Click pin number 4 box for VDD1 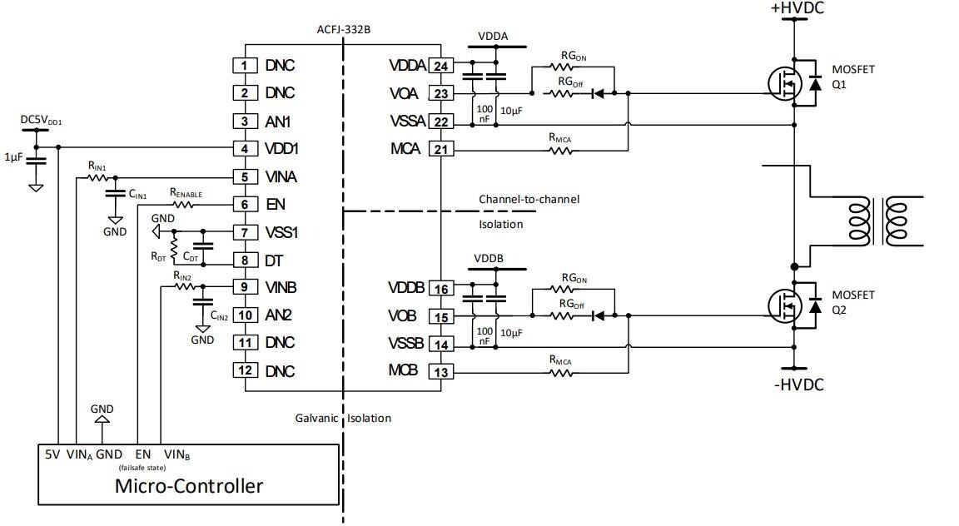[x=244, y=149]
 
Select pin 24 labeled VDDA [x=440, y=66]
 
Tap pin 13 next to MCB [x=440, y=372]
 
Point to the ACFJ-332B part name [x=343, y=29]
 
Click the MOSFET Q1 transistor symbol [x=785, y=82]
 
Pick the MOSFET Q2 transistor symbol [x=785, y=305]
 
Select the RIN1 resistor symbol [x=97, y=176]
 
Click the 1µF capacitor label [x=13, y=156]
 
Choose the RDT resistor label [x=158, y=256]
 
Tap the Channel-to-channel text [x=529, y=200]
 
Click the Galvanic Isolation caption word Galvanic [x=317, y=418]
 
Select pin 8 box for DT [x=244, y=261]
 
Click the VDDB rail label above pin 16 [x=489, y=259]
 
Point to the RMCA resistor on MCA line [x=559, y=151]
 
